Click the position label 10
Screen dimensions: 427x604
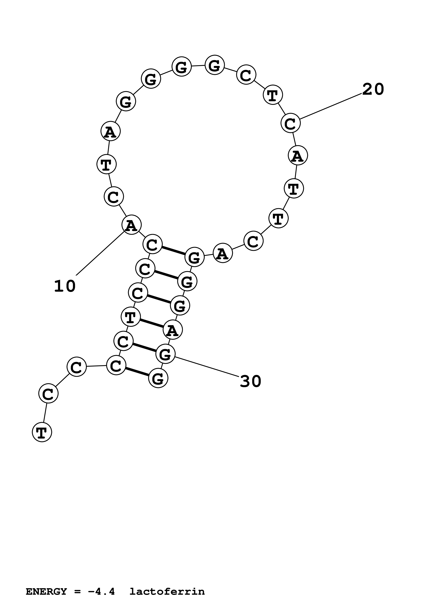tap(65, 286)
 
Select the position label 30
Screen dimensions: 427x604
tap(250, 381)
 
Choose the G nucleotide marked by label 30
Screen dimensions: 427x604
tap(165, 354)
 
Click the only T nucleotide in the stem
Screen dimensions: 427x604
tap(131, 317)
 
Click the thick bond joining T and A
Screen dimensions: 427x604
tap(152, 323)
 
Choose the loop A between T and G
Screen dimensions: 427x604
tap(111, 131)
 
